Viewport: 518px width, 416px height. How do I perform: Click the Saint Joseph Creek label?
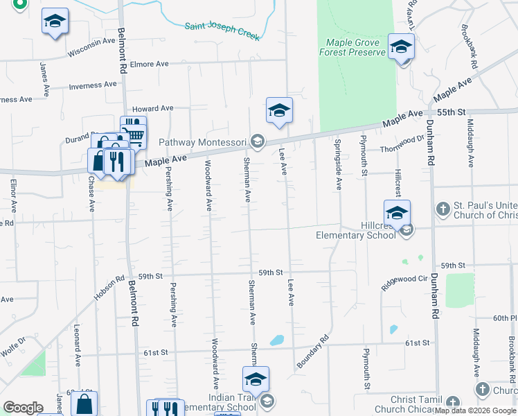pyautogui.click(x=222, y=31)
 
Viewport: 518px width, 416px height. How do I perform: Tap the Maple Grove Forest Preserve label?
pyautogui.click(x=352, y=47)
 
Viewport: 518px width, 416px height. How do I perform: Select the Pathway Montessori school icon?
pyautogui.click(x=258, y=142)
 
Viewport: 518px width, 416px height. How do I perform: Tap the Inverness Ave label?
pyautogui.click(x=92, y=86)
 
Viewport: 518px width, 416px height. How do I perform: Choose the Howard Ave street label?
pyautogui.click(x=152, y=108)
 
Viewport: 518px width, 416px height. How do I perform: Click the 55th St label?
pyautogui.click(x=452, y=112)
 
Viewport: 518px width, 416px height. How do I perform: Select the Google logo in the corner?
pyautogui.click(x=23, y=408)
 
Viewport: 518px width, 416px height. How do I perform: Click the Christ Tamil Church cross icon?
pyautogui.click(x=452, y=402)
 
